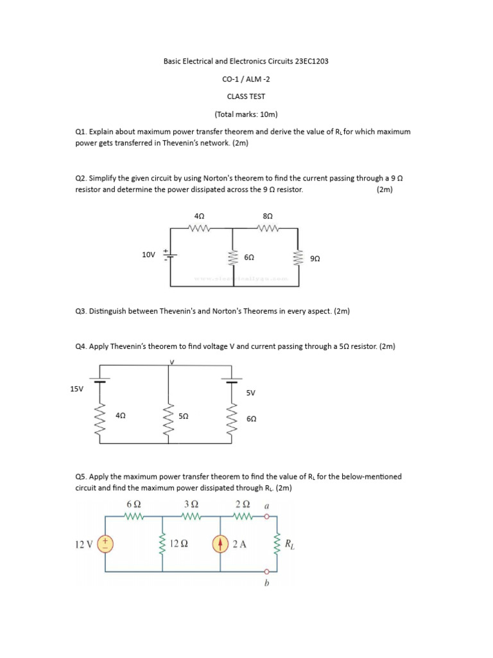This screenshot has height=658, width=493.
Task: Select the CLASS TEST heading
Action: click(246, 96)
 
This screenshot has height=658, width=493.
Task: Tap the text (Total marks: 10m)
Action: click(246, 114)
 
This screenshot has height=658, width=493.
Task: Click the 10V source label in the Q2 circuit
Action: click(148, 255)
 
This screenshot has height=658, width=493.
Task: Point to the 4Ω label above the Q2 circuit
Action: click(199, 217)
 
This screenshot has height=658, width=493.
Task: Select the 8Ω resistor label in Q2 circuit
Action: click(268, 217)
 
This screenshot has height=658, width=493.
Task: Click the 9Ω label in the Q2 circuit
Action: click(315, 258)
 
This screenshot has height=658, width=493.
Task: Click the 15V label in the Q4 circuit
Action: click(77, 389)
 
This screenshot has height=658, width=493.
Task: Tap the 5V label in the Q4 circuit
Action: click(250, 392)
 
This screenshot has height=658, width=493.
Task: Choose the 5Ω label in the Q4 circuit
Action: click(183, 416)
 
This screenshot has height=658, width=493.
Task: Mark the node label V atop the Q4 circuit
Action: click(171, 362)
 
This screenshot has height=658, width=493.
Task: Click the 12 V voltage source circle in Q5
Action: click(105, 544)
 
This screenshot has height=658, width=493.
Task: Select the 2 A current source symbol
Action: click(220, 544)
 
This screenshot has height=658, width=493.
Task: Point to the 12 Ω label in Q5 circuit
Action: click(179, 544)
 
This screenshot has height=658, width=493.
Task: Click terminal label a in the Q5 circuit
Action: click(267, 506)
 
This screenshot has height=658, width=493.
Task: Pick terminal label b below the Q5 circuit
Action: click(266, 583)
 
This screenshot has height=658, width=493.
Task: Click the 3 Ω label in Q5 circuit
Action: click(191, 504)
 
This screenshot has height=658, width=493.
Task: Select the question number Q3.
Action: click(80, 311)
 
